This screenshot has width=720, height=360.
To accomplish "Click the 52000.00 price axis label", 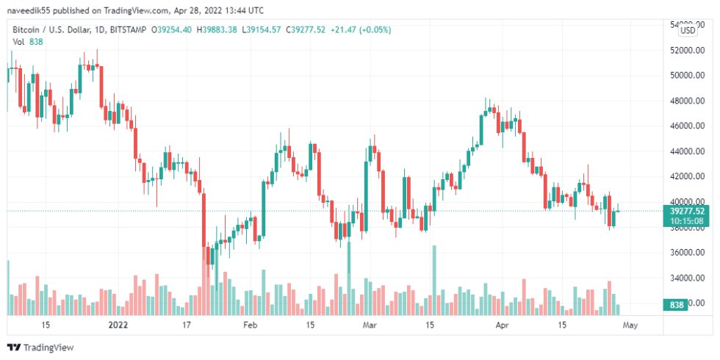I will (x=688, y=50).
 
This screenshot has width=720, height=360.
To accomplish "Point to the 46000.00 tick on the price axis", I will (x=688, y=126).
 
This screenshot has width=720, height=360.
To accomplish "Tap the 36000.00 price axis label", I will (x=688, y=253).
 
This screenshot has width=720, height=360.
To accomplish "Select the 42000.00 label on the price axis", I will (x=688, y=176).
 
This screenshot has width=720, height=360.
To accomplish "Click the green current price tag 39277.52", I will (x=688, y=211).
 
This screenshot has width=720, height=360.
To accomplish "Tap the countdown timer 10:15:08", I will (x=688, y=220).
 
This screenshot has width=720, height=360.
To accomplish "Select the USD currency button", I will (x=688, y=30).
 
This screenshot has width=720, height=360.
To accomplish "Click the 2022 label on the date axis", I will (x=118, y=324).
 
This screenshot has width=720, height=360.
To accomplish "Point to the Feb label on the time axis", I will (x=251, y=324).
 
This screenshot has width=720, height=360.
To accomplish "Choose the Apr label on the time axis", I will (x=503, y=324).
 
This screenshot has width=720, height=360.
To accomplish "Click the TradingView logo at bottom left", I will (x=41, y=348).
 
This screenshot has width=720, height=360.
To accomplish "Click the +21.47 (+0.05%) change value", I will (x=360, y=29).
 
